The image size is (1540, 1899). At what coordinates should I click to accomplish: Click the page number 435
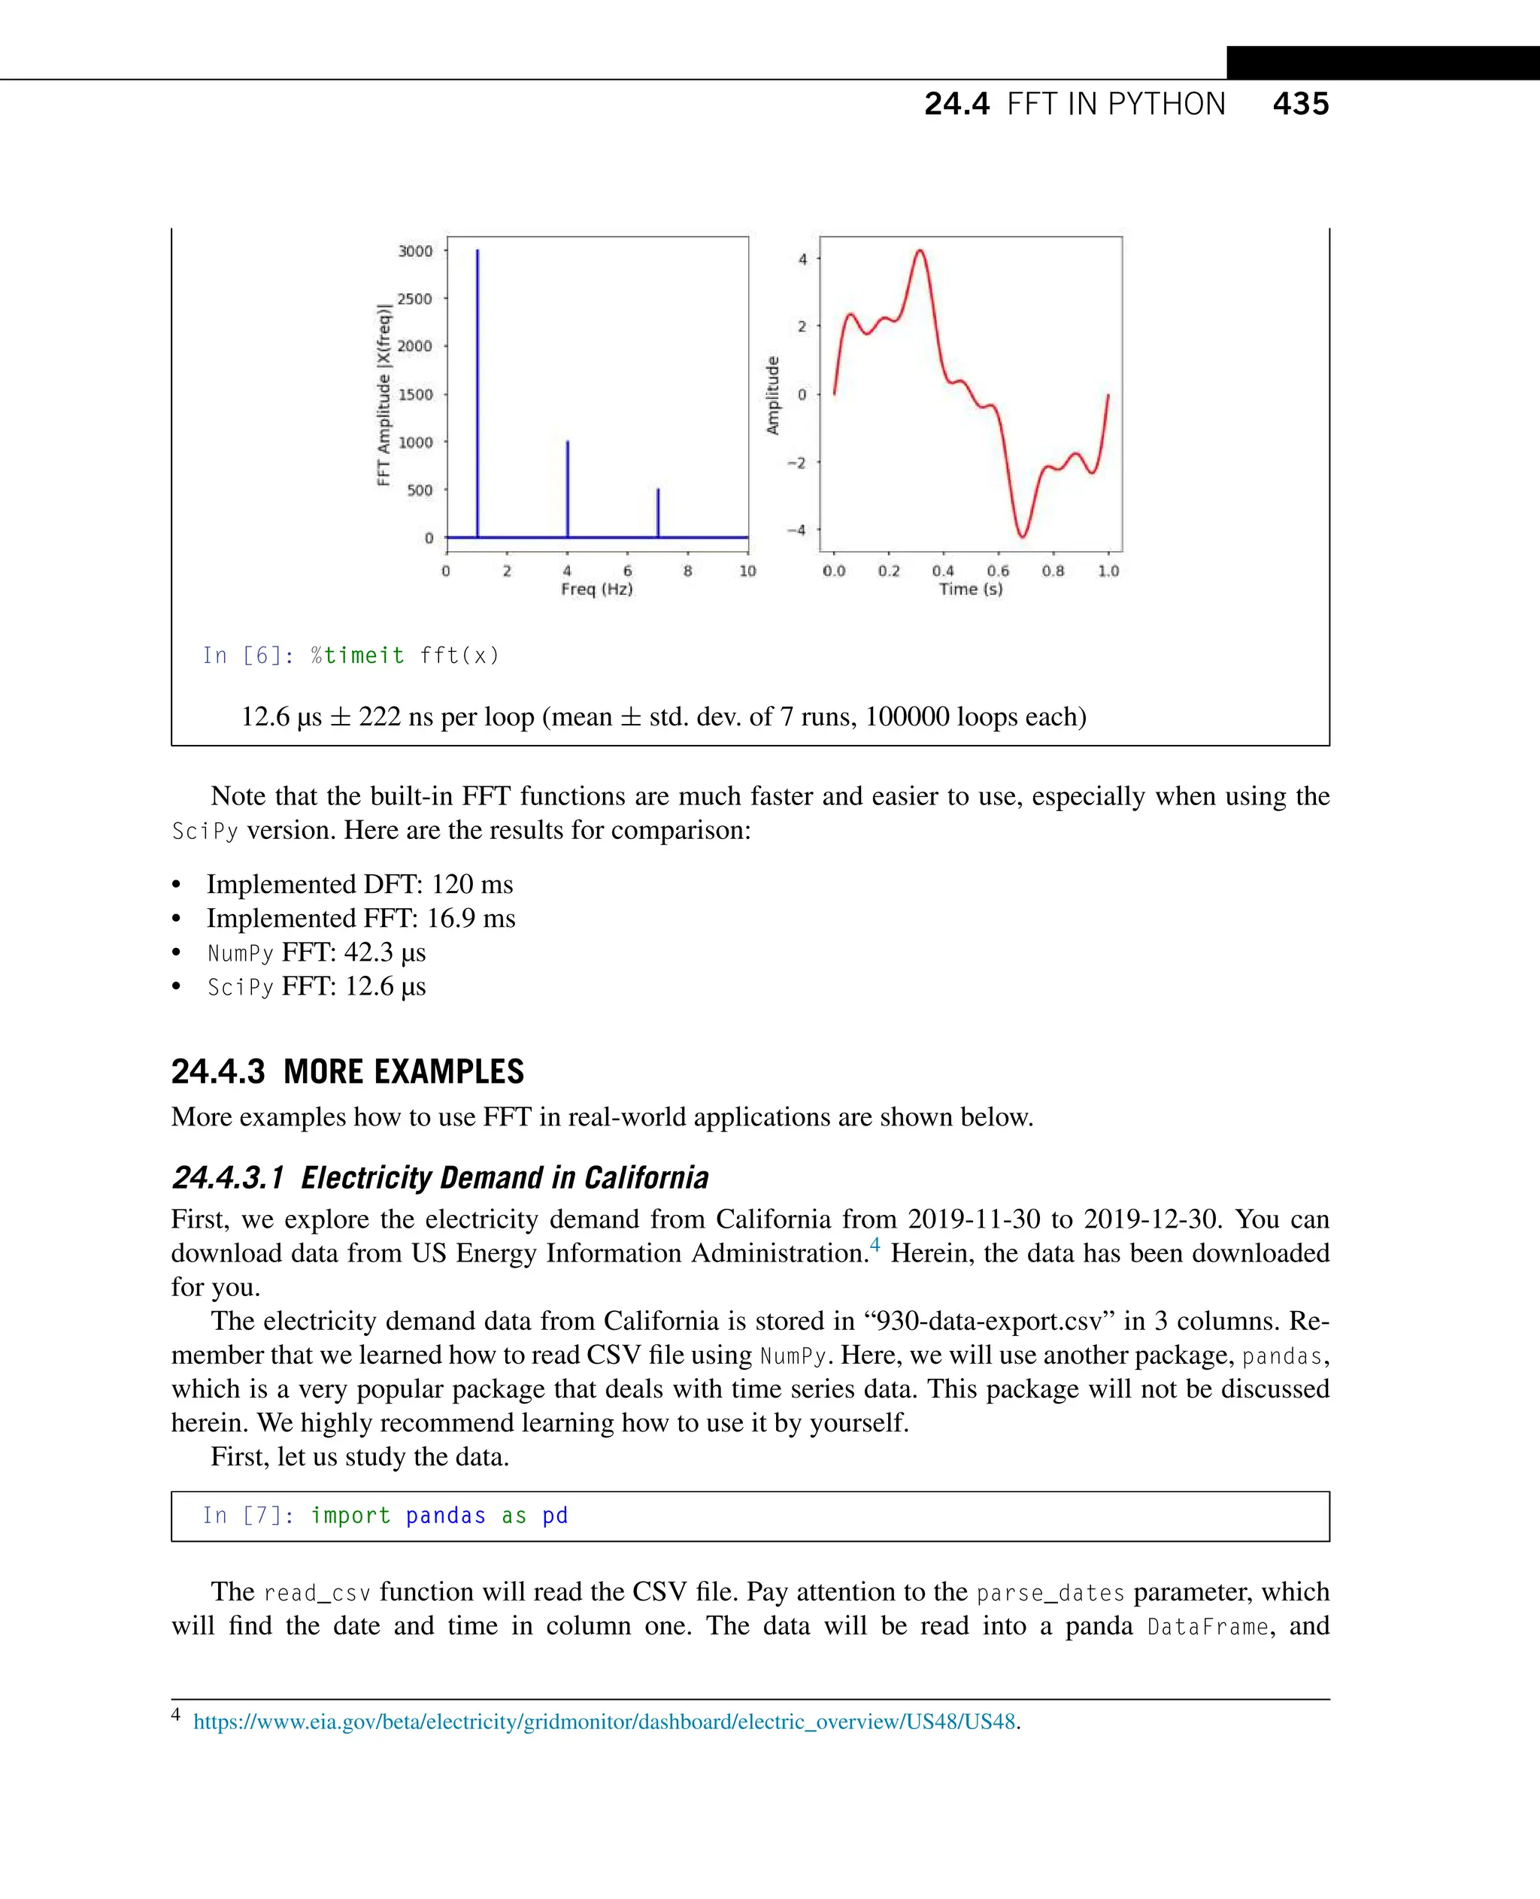tap(1299, 104)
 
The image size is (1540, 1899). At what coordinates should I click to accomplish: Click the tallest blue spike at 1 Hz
tap(477, 390)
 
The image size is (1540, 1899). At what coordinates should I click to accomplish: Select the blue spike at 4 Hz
tap(568, 488)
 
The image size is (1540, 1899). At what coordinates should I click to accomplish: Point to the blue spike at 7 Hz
tap(657, 513)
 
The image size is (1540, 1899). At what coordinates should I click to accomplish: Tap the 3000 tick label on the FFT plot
tap(415, 251)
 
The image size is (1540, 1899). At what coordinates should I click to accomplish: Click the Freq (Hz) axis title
tap(596, 589)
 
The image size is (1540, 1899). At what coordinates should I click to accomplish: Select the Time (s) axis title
tap(971, 589)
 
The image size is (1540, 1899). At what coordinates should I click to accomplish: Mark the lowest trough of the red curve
tap(1022, 536)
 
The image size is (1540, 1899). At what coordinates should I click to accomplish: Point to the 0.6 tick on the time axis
tap(998, 571)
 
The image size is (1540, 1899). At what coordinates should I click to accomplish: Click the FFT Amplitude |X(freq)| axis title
tap(383, 395)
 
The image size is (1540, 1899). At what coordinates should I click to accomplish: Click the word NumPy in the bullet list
tap(240, 953)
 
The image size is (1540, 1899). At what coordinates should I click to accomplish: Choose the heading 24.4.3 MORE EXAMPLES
tap(347, 1071)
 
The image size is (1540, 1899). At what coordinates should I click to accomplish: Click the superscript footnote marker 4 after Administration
tap(875, 1245)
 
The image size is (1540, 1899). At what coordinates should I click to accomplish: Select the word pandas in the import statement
tap(445, 1515)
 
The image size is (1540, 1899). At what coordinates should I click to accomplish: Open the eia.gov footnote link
tap(603, 1722)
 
